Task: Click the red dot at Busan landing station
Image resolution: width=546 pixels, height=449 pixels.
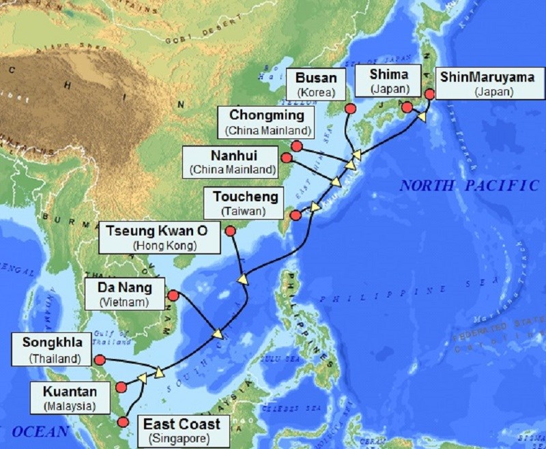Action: [x=350, y=108]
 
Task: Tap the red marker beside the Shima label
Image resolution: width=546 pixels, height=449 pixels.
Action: [x=407, y=107]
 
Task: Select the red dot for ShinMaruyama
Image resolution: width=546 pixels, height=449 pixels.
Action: [x=429, y=94]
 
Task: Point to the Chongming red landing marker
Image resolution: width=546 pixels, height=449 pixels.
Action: [x=296, y=145]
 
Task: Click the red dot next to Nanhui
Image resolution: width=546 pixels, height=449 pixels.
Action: [x=287, y=158]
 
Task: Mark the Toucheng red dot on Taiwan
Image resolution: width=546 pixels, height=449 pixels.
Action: [x=296, y=216]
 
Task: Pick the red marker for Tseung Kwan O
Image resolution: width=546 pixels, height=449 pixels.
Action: [x=231, y=231]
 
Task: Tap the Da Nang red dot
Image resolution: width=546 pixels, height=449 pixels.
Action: [x=173, y=295]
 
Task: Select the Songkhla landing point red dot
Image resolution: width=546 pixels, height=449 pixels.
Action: [x=100, y=359]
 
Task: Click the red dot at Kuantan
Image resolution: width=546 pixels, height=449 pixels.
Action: [x=121, y=387]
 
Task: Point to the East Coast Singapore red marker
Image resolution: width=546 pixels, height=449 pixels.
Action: [x=124, y=422]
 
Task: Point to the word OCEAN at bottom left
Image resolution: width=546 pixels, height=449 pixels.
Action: [x=40, y=431]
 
